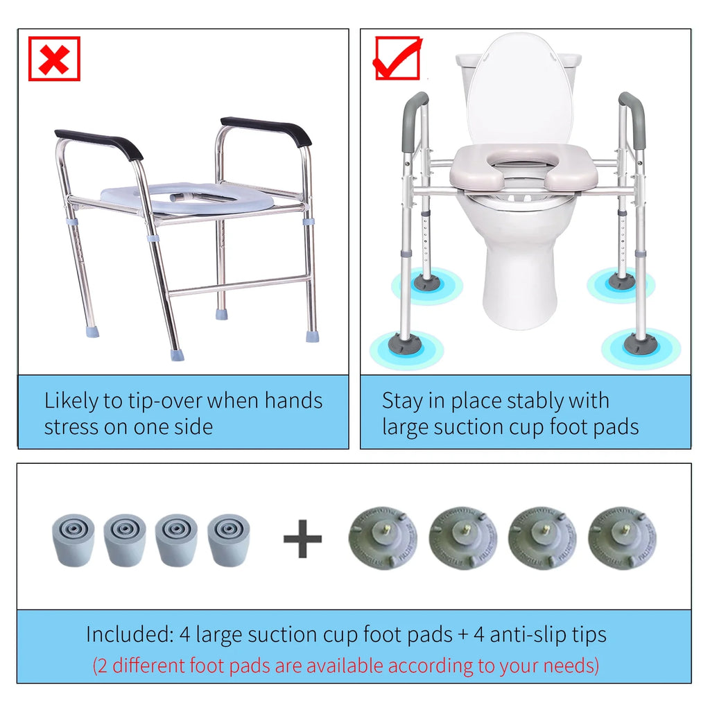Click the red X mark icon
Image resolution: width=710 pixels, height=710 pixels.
point(54,59)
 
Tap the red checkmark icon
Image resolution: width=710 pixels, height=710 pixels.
point(398,58)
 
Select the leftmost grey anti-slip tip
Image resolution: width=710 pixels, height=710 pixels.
point(73,540)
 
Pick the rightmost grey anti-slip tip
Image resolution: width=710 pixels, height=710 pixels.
point(229,540)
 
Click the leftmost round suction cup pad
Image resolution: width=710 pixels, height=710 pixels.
point(383,539)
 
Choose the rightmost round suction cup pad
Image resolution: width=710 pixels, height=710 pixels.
point(622,539)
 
